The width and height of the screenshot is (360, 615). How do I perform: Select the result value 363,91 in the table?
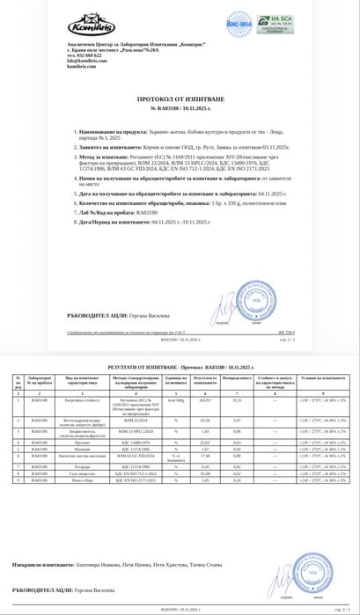pos(207,399)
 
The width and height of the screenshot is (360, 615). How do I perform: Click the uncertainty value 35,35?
pos(236,399)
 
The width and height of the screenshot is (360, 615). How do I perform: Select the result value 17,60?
pos(207,456)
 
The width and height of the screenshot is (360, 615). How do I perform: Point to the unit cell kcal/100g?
pos(176,399)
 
